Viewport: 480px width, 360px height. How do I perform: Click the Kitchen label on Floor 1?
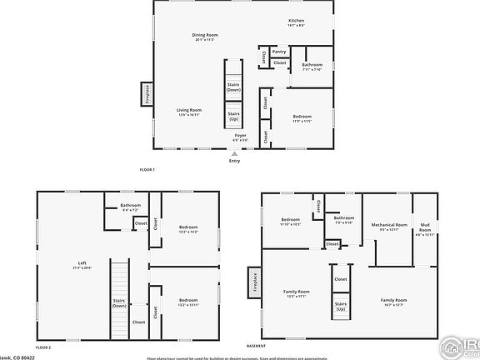297,22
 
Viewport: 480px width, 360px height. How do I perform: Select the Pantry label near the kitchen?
278,51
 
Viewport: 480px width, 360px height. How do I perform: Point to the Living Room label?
189,112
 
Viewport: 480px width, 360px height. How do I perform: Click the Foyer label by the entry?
240,136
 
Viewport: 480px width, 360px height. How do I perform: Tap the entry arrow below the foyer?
235,153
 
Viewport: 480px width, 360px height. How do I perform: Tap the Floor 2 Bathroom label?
130,207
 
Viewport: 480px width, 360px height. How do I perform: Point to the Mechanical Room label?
389,226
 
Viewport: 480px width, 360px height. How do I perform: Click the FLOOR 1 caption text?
147,170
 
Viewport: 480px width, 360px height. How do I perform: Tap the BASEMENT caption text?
256,346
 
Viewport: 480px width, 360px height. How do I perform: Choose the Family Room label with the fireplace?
297,292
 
